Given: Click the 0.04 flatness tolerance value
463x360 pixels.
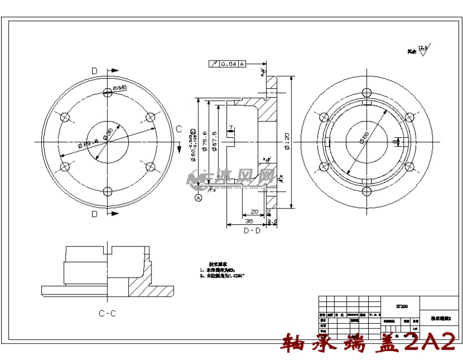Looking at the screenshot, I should click(x=228, y=64).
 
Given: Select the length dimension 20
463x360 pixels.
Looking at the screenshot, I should click(x=254, y=211).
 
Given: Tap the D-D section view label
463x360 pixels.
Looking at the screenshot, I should click(x=252, y=231).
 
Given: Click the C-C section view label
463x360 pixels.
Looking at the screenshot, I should click(x=107, y=313).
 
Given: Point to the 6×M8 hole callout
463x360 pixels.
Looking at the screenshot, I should click(x=119, y=88).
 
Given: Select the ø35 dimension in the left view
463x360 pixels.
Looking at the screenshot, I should click(x=108, y=133).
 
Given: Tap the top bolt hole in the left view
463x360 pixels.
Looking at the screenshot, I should click(x=107, y=92).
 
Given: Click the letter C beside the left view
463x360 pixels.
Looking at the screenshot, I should click(x=178, y=129).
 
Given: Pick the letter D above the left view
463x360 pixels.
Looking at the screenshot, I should click(x=94, y=71).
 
